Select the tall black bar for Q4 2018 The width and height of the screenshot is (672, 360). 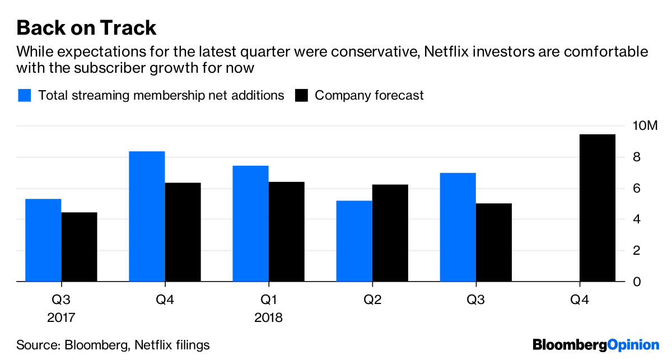coord(598,208)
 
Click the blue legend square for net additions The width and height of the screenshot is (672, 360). coord(24,95)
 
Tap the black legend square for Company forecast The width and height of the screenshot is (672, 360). coord(301,95)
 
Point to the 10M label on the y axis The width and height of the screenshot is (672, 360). coord(645,126)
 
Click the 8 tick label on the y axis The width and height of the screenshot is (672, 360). coord(637,157)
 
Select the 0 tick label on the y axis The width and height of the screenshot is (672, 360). coord(637,282)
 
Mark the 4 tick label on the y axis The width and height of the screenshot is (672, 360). coord(637,219)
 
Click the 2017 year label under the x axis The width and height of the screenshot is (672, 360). coord(60,318)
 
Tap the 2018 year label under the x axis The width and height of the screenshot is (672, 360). coord(268,318)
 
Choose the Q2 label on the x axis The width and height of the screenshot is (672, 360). coord(372,301)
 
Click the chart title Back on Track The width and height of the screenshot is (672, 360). coord(86,27)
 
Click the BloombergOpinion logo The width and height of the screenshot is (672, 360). coord(596,345)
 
